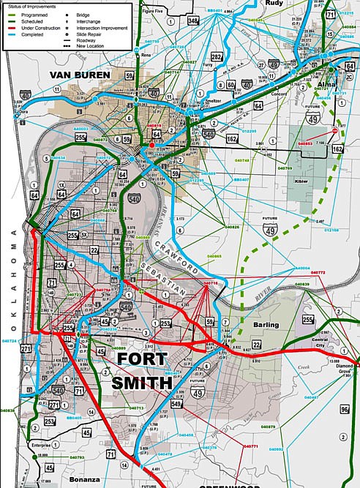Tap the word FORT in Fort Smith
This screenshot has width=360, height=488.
(142, 360)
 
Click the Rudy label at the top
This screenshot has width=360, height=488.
(274, 4)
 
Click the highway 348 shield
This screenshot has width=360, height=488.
(193, 21)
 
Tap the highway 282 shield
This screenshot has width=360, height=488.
(217, 57)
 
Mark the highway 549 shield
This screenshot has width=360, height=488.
(176, 403)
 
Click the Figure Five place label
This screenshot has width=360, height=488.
(153, 11)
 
